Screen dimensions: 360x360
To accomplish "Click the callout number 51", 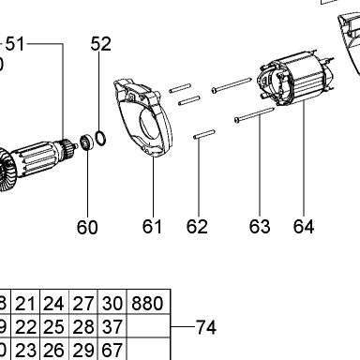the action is click(15, 43).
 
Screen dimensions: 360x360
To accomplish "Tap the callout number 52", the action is click(101, 44).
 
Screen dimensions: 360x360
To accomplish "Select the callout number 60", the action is click(87, 227).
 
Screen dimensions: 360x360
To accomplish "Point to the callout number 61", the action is click(152, 227).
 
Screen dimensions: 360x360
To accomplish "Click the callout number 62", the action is click(197, 227).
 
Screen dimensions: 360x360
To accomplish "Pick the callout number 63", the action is click(260, 227).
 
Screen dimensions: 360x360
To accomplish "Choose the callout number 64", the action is click(304, 227).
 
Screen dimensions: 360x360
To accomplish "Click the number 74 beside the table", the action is click(206, 327).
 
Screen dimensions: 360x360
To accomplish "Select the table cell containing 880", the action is click(148, 302).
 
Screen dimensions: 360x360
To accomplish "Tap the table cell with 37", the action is click(112, 325).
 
